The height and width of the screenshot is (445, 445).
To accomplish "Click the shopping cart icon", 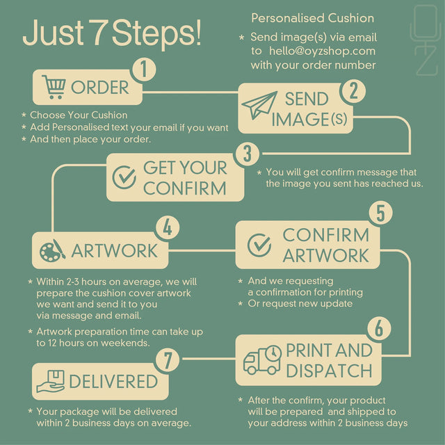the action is pyautogui.click(x=54, y=87).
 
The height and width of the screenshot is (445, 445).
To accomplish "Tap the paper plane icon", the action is pyautogui.click(x=259, y=105).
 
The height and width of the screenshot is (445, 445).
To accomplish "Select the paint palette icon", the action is pyautogui.click(x=53, y=250).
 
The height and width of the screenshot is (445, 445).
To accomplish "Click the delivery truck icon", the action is pyautogui.click(x=262, y=360).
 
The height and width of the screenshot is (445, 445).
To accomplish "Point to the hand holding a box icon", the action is pyautogui.click(x=51, y=381).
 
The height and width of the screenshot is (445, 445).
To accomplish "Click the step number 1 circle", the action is pyautogui.click(x=144, y=70).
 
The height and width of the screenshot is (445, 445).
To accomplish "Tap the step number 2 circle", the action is pyautogui.click(x=354, y=91).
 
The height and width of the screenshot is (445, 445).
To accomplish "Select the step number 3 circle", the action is pyautogui.click(x=248, y=154).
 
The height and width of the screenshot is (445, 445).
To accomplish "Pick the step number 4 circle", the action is pyautogui.click(x=168, y=227).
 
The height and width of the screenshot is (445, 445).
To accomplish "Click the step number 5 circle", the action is pyautogui.click(x=380, y=213).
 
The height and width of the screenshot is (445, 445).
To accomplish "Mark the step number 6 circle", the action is pyautogui.click(x=379, y=329).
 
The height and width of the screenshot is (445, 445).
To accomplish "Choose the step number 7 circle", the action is pyautogui.click(x=168, y=360).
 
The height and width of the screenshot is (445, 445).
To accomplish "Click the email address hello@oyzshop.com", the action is pyautogui.click(x=322, y=51).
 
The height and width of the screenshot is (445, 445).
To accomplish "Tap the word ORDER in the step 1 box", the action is pyautogui.click(x=100, y=88).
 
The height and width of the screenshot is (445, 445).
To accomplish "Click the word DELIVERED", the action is pyautogui.click(x=113, y=381).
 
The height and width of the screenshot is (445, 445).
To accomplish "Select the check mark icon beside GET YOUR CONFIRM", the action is pyautogui.click(x=124, y=177).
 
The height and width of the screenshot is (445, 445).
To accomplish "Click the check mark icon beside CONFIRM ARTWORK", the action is pyautogui.click(x=259, y=245).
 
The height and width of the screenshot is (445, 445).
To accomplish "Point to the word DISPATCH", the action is pyautogui.click(x=329, y=371).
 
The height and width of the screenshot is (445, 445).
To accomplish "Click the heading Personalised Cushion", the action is pyautogui.click(x=312, y=18).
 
